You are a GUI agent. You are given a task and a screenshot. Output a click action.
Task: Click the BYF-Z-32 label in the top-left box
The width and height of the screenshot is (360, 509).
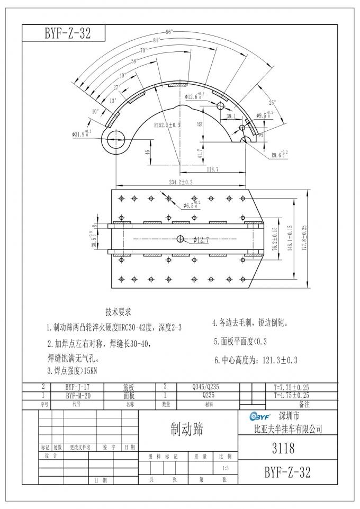click(63, 33)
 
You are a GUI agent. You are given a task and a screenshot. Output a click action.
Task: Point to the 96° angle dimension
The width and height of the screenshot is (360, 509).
click(169, 32)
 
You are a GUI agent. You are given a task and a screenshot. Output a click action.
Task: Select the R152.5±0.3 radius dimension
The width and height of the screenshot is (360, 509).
click(167, 125)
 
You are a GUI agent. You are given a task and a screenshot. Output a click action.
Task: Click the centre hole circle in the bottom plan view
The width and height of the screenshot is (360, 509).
click(180, 239)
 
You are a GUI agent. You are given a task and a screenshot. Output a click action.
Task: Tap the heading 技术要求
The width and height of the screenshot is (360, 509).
click(118, 311)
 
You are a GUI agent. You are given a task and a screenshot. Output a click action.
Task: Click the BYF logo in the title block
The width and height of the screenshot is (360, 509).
click(260, 416)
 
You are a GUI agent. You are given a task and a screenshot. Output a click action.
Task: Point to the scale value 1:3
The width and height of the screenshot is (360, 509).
click(225, 468)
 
